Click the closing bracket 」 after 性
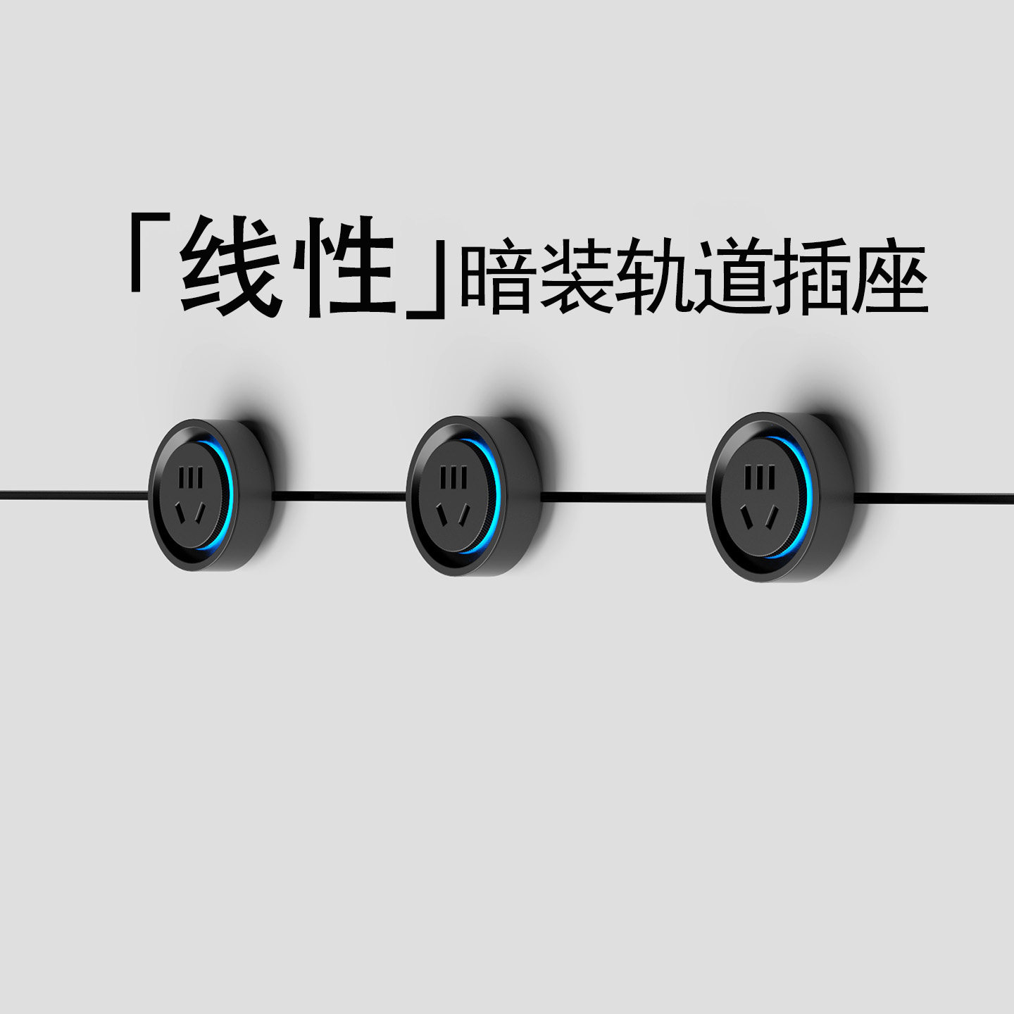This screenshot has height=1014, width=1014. (428, 282)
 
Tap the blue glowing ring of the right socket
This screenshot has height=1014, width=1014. (807, 493)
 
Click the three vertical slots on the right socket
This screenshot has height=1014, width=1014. (756, 476)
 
